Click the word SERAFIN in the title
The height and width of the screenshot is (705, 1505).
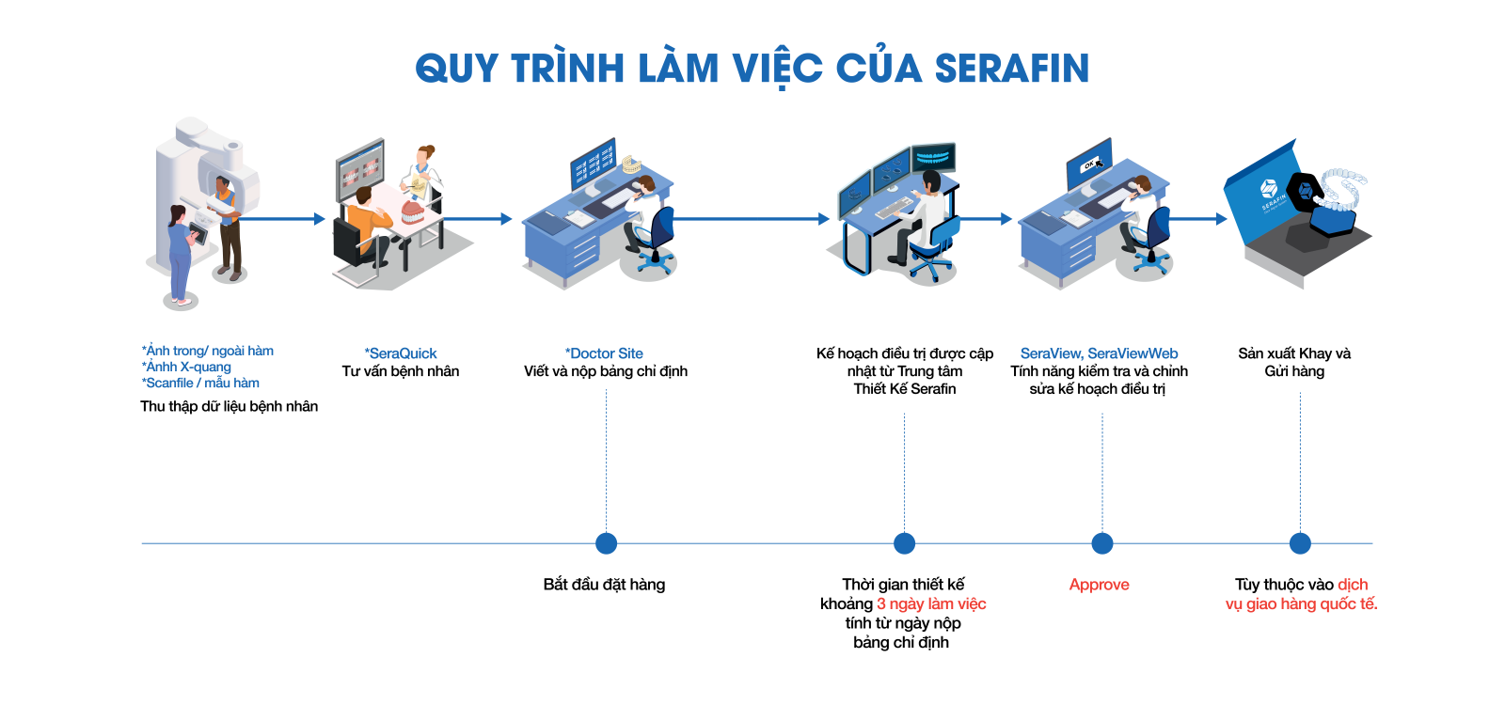click(x=1011, y=69)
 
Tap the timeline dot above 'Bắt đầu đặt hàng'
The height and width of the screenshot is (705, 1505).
click(x=607, y=543)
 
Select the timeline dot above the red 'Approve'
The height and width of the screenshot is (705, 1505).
click(x=1102, y=543)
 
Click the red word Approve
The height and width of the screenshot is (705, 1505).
click(x=1099, y=585)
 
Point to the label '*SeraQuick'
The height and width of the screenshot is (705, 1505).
click(x=401, y=353)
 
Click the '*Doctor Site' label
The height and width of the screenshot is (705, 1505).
click(x=605, y=353)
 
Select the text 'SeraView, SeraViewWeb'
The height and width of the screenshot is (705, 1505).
click(x=1099, y=353)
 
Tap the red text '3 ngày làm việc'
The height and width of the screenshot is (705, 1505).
click(x=931, y=603)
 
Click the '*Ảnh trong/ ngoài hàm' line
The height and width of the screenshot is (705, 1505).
click(x=208, y=351)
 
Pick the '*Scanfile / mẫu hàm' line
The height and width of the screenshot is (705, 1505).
click(x=200, y=383)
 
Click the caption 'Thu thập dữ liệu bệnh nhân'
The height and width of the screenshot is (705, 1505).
click(x=229, y=406)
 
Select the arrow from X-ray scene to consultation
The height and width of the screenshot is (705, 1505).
click(x=282, y=219)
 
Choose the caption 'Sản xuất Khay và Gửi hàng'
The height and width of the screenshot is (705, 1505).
click(x=1294, y=362)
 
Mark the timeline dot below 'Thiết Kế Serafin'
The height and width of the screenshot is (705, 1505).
click(x=905, y=543)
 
